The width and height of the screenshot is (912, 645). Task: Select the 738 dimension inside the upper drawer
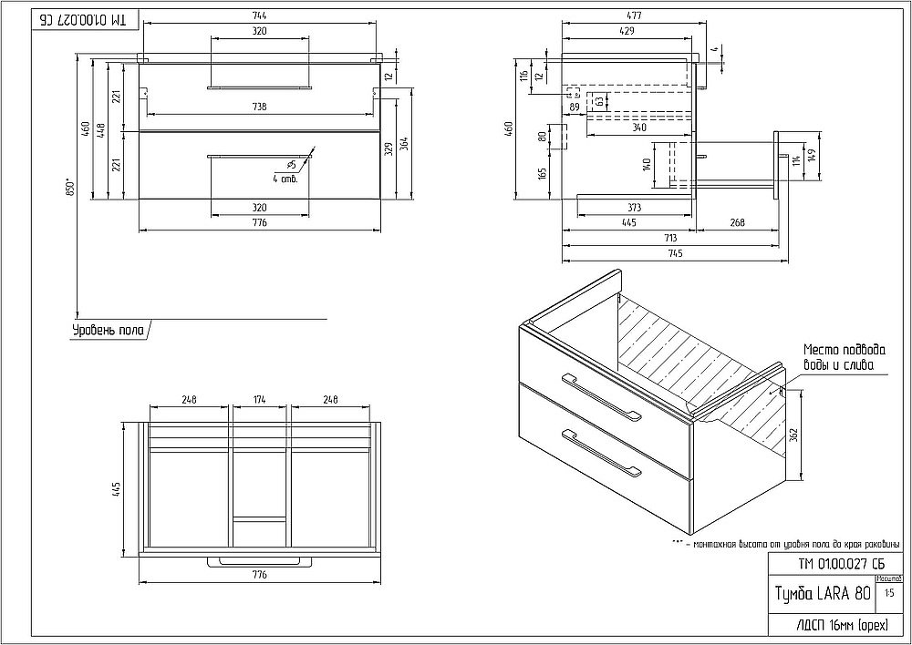(259, 107)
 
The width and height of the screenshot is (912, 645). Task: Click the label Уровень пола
(108, 331)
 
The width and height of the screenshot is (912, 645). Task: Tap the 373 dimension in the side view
(636, 208)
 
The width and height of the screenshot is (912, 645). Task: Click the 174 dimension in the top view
(259, 398)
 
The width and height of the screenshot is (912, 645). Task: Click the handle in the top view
(259, 562)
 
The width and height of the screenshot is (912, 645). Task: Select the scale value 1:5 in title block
(889, 593)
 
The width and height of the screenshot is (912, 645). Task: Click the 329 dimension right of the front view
(389, 148)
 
